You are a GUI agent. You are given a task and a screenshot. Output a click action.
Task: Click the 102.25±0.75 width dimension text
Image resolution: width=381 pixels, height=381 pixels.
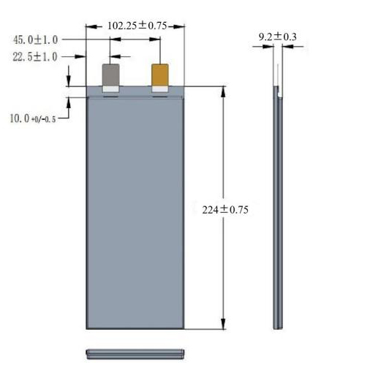click(137, 26)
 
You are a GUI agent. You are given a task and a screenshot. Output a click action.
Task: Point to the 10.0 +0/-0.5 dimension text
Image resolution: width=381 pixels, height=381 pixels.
click(33, 117)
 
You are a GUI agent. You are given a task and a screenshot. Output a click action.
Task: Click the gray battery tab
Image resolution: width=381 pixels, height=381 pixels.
click(111, 75)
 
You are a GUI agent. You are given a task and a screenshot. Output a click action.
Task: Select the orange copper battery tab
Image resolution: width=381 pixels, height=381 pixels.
click(160, 75)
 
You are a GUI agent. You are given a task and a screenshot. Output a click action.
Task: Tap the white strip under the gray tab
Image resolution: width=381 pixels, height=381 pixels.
click(111, 90)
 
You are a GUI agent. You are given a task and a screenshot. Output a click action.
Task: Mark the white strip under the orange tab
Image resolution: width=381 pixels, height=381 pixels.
click(160, 90)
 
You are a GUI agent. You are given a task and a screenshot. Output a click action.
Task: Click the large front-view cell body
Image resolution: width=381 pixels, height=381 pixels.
click(135, 212)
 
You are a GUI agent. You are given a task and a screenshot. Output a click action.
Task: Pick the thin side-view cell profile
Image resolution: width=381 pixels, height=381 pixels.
click(278, 212)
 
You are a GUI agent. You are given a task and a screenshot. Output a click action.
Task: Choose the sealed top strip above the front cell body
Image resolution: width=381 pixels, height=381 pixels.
click(135, 92)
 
